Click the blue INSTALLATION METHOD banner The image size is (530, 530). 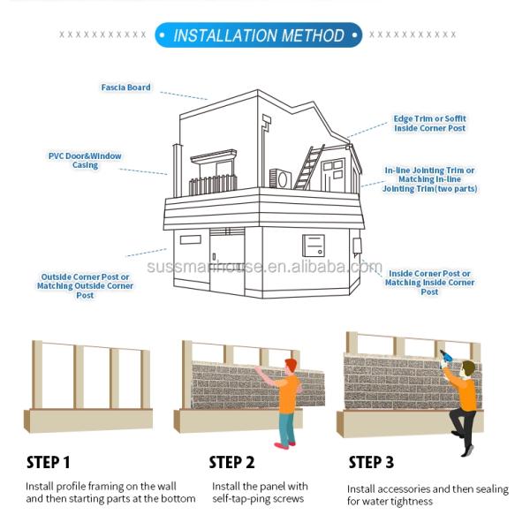(x=259, y=35)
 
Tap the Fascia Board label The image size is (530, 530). (x=125, y=87)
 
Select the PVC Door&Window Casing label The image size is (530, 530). (x=85, y=161)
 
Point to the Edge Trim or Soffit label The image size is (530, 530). (x=429, y=124)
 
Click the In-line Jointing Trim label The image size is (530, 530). (x=429, y=179)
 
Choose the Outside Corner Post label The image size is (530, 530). (x=85, y=286)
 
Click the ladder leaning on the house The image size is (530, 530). (x=309, y=167)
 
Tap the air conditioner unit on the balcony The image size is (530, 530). (x=280, y=178)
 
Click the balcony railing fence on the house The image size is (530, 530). (x=213, y=185)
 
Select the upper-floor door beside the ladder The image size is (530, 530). (x=333, y=175)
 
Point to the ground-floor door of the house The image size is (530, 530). (x=227, y=261)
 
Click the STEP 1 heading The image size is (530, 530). (x=49, y=462)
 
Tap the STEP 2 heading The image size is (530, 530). (x=231, y=462)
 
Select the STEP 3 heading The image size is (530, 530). (x=371, y=462)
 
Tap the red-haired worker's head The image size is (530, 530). (x=291, y=366)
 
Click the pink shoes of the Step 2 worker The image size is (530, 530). (x=284, y=445)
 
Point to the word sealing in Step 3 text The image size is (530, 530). (x=492, y=489)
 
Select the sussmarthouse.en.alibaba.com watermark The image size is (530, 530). (x=264, y=267)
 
